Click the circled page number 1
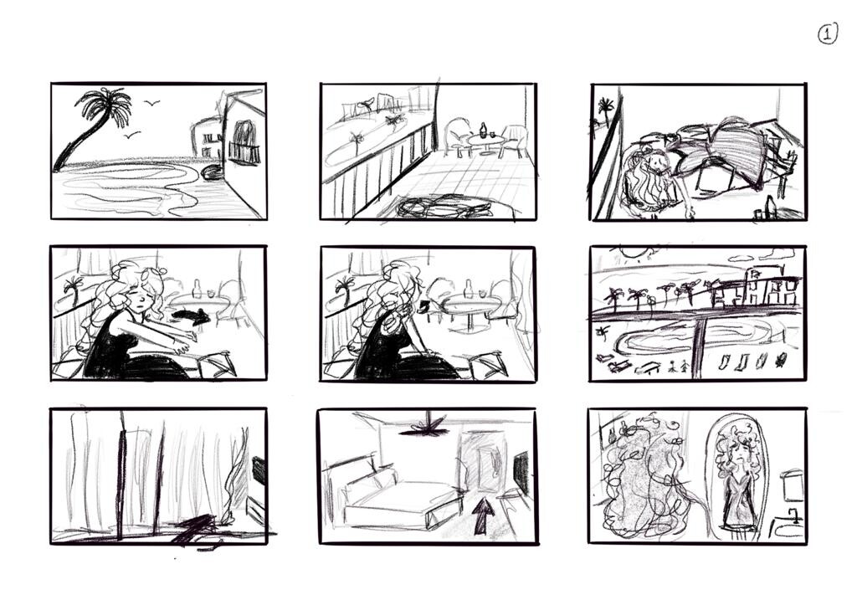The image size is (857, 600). coord(827,33)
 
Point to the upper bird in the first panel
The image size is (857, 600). coord(151,104)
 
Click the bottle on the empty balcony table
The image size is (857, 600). coord(483,131)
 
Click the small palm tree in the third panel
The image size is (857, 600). coord(604,107)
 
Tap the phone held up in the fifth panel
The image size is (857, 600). coord(424,306)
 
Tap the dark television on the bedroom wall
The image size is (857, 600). coord(521,471)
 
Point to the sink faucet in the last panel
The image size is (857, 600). coord(792,514)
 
